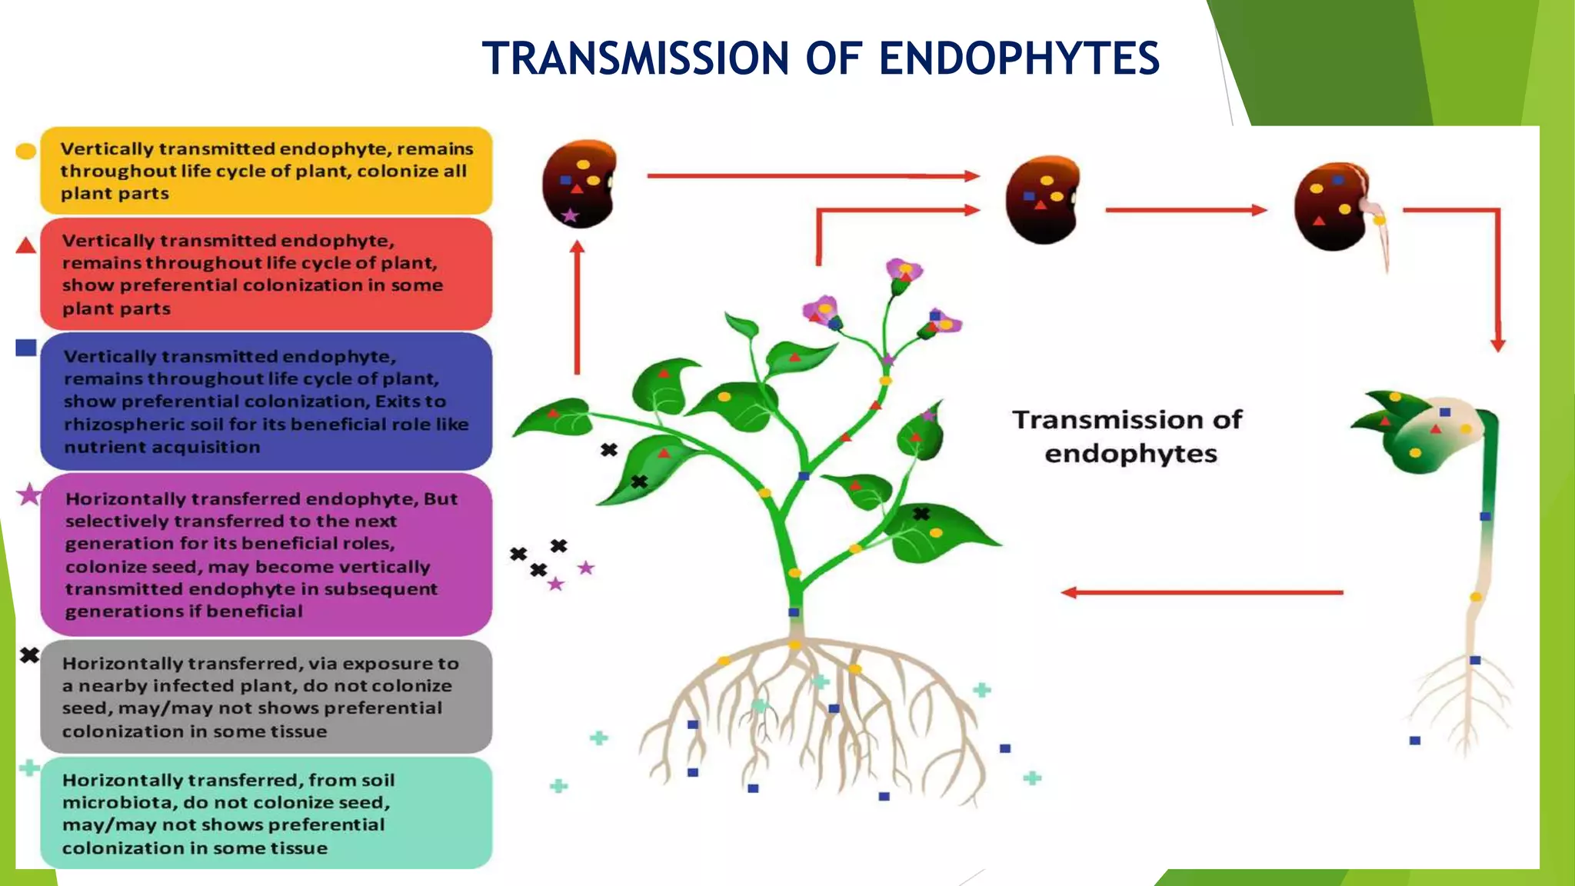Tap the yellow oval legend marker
(25, 152)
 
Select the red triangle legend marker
(25, 246)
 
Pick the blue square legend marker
(25, 348)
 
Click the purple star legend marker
(29, 495)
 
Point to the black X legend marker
(29, 655)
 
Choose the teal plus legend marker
(29, 768)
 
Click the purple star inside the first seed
(570, 215)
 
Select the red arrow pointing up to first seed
(578, 308)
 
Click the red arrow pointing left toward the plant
(1200, 592)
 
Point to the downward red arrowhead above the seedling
(1497, 345)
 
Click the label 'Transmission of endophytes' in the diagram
(1127, 436)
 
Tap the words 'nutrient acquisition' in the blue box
(162, 447)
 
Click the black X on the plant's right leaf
(921, 513)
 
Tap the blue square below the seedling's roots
(1414, 741)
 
